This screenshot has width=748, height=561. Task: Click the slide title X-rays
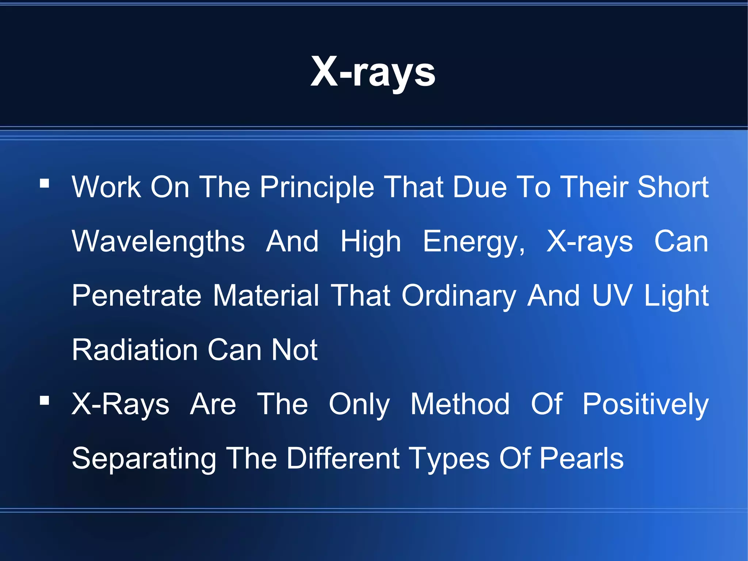tap(373, 72)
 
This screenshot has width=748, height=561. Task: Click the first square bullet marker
tap(45, 183)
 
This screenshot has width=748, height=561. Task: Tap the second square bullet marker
tap(45, 401)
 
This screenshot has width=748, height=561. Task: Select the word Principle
tap(317, 187)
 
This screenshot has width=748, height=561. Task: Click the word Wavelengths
tap(158, 242)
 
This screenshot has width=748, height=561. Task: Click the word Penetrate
tap(137, 295)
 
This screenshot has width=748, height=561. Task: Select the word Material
tap(266, 295)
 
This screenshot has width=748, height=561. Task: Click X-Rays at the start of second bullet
tap(121, 404)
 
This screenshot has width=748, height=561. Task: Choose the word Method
tap(460, 404)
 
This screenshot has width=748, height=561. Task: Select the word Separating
tap(144, 459)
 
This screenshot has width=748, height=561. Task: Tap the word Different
tap(343, 458)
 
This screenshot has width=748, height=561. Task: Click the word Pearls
tap(581, 458)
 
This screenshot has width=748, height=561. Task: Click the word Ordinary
tap(459, 296)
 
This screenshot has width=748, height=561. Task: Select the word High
tap(370, 242)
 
